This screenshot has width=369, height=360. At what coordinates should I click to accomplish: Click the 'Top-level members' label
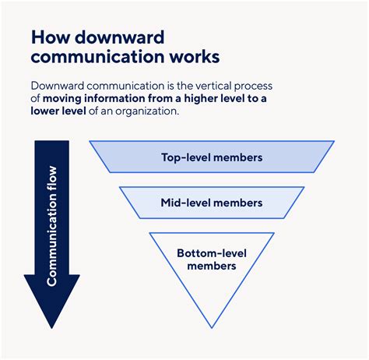tap(212, 157)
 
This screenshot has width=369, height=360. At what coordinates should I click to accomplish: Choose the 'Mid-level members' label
tap(212, 203)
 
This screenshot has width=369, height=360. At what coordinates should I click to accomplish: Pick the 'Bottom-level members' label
tap(212, 259)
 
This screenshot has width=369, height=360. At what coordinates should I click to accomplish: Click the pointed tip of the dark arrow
tap(51, 326)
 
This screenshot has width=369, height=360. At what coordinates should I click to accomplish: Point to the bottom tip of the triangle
tap(212, 326)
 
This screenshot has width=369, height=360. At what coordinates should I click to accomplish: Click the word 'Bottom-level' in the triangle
tap(212, 253)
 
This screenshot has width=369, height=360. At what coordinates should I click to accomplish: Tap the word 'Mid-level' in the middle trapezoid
tap(186, 203)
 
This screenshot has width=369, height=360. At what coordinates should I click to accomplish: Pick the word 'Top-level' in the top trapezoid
tap(185, 157)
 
